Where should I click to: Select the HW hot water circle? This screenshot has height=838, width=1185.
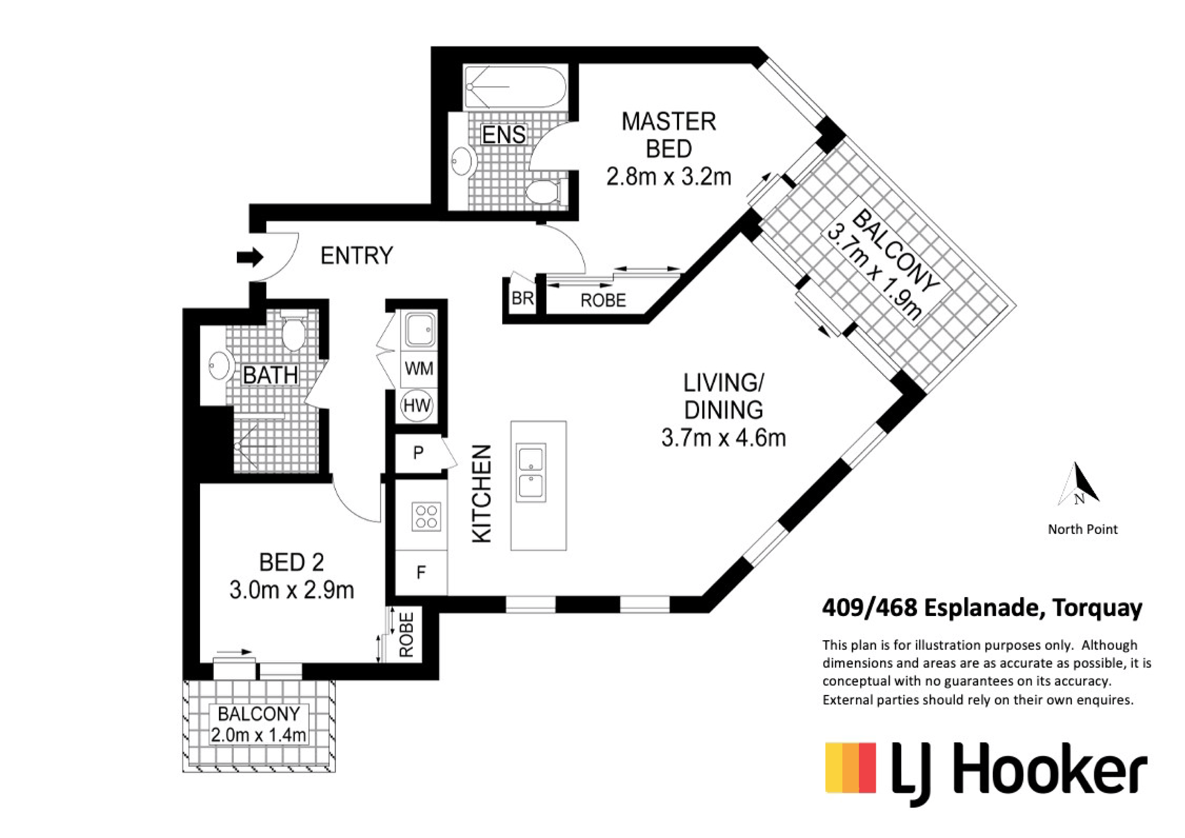point(417,405)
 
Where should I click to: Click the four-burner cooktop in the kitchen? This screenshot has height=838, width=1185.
point(426,517)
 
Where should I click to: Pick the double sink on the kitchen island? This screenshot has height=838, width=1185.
point(532,473)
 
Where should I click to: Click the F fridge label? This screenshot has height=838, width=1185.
point(421,572)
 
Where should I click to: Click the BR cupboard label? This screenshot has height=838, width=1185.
point(522,298)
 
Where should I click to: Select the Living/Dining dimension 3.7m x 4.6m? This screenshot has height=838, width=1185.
point(723,438)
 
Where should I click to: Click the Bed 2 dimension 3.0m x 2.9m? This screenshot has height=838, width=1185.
point(292,590)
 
